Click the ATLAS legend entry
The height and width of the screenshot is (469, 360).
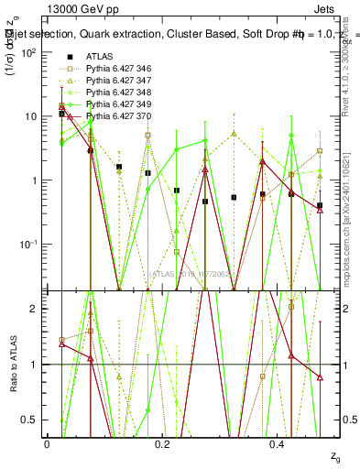click(x=99, y=56)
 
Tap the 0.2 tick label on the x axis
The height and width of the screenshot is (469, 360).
click(x=162, y=443)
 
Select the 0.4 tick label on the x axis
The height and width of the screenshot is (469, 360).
click(x=278, y=443)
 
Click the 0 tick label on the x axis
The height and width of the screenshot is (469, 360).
click(x=47, y=443)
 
